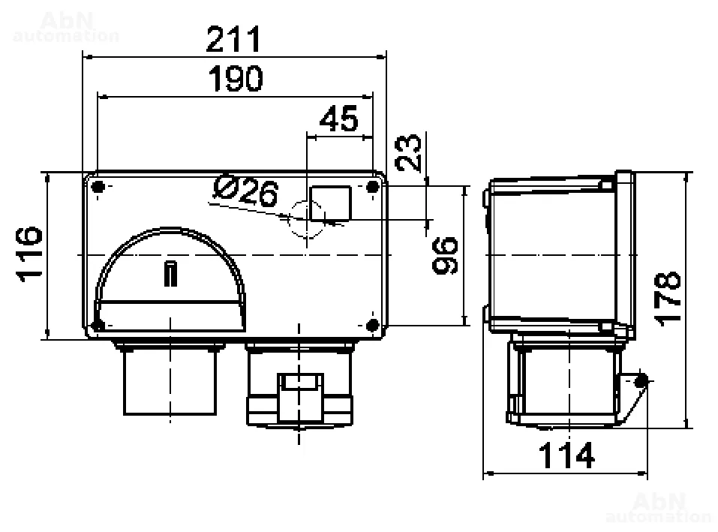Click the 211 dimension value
pos(233,39)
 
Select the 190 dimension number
pos(236,79)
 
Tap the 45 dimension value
pos(339,119)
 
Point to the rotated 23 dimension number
pos(408,153)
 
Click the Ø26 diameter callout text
pos(246,191)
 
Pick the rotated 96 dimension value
pos(445,255)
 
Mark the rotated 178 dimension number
pos(668,299)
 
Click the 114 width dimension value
pos(566,455)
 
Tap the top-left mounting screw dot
pos(98,187)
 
